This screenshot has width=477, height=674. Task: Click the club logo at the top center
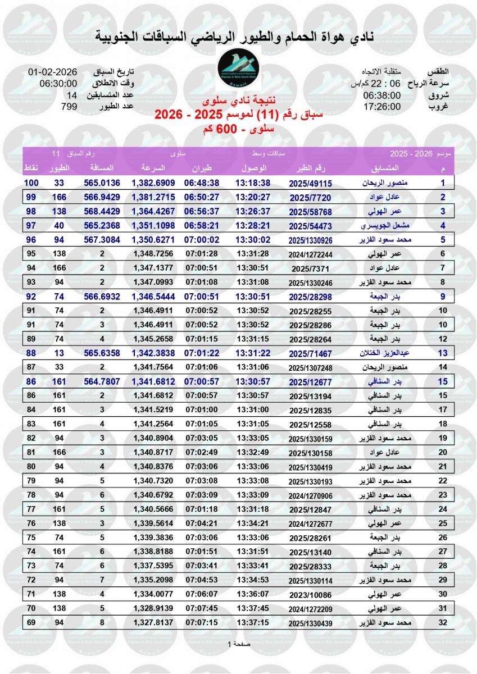(238, 70)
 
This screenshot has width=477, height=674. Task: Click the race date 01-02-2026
(52, 72)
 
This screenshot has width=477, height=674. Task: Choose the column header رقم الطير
(311, 168)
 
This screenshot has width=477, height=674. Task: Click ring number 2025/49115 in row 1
(311, 183)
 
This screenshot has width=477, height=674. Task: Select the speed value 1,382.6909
(153, 183)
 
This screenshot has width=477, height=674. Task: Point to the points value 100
(31, 183)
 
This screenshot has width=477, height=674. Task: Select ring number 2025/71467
(311, 353)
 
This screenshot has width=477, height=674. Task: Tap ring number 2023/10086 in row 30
(311, 594)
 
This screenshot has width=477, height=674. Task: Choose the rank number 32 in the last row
(443, 622)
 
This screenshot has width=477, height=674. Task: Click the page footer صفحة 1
(238, 644)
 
